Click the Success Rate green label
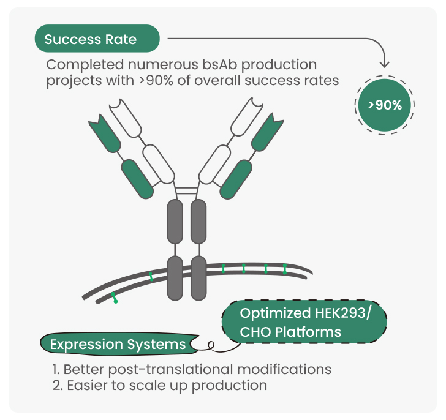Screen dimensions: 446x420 (x=97, y=39)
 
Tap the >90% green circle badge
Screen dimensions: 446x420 (x=385, y=105)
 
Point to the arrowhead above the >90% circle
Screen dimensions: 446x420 (x=385, y=64)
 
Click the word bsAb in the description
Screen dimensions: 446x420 (x=220, y=64)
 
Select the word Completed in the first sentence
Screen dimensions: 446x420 (x=85, y=65)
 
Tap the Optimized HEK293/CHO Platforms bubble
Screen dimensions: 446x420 (x=304, y=322)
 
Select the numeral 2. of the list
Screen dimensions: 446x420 (x=58, y=385)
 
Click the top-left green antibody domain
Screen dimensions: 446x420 (x=105, y=133)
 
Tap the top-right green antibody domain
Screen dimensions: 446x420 (x=268, y=132)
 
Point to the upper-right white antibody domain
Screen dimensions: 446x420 (x=247, y=116)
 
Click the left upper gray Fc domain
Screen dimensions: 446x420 (x=175, y=222)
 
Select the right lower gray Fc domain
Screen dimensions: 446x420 (x=198, y=278)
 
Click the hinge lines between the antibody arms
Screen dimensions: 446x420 (x=187, y=190)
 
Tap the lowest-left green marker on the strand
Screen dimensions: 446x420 (x=115, y=298)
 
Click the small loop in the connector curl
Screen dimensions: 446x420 (x=211, y=345)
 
